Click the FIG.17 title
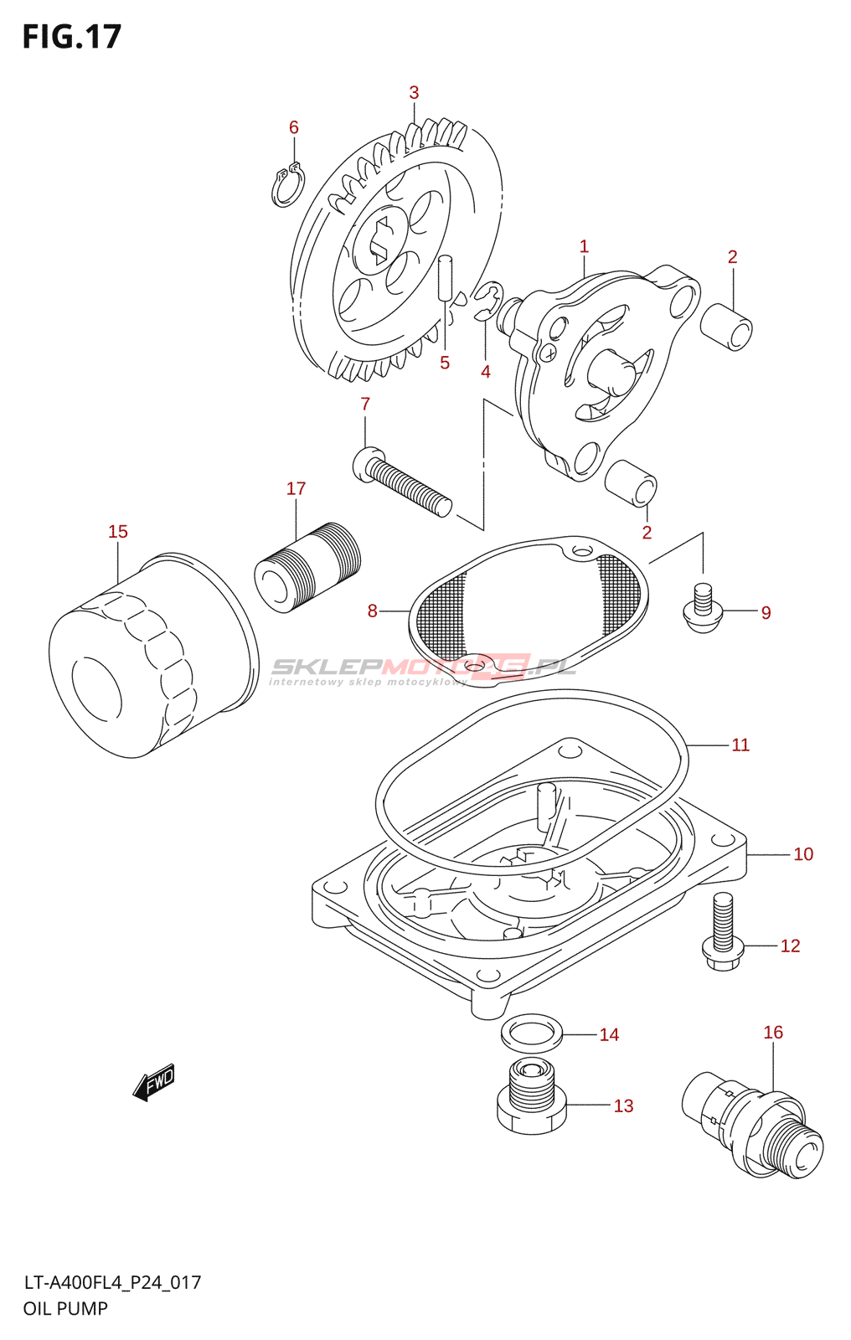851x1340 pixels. pyautogui.click(x=72, y=37)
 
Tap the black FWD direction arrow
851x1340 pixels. pyautogui.click(x=154, y=1082)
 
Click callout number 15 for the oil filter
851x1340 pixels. pyautogui.click(x=118, y=532)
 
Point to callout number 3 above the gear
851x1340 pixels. pyautogui.click(x=414, y=93)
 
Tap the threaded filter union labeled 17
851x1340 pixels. pyautogui.click(x=307, y=568)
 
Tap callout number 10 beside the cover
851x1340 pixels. pyautogui.click(x=802, y=854)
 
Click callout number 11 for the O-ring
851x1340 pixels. pyautogui.click(x=740, y=745)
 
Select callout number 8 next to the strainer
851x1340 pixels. pyautogui.click(x=372, y=611)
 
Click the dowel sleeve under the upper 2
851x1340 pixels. pyautogui.click(x=726, y=326)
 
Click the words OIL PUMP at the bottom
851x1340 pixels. pyautogui.click(x=65, y=1308)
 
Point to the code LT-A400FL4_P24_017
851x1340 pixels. pyautogui.click(x=112, y=1282)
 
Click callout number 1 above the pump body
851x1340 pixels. pyautogui.click(x=584, y=247)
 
